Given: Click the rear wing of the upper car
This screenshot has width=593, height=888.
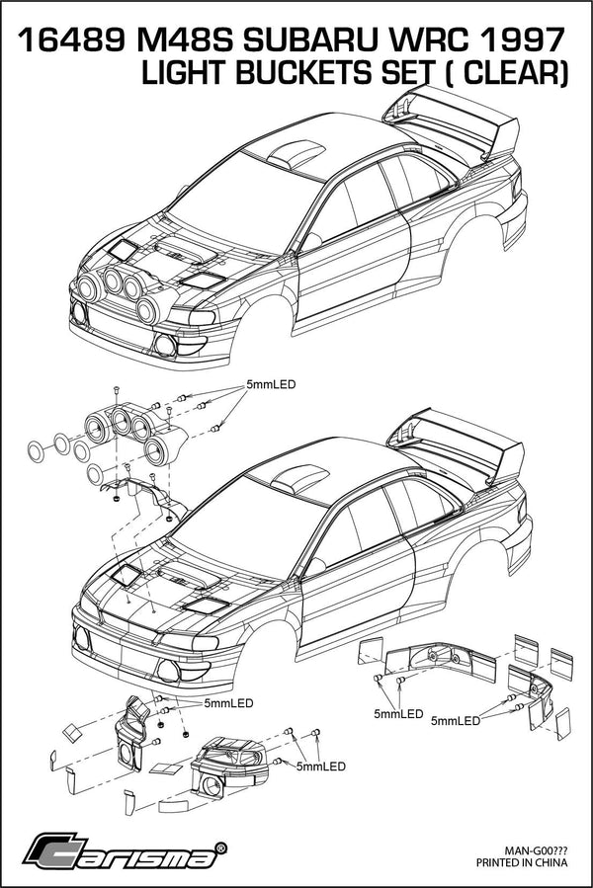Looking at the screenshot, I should coord(460,119).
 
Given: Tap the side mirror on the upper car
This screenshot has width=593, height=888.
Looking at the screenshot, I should coord(311,240).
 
